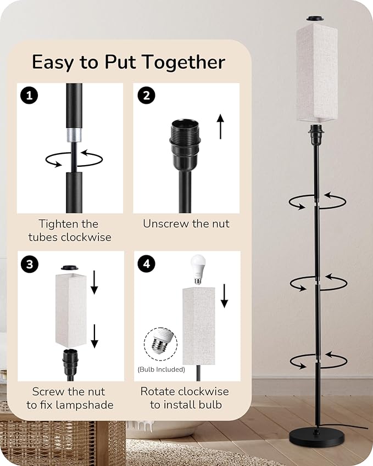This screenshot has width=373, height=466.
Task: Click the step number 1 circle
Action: [x=29, y=96]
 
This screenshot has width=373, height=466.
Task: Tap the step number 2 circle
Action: [x=146, y=96]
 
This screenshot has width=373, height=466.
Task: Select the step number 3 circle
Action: [x=30, y=264]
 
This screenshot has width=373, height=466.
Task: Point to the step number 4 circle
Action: [x=146, y=263]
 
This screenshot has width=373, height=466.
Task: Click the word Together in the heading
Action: [x=183, y=63]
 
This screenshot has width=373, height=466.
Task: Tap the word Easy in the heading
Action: [x=53, y=63]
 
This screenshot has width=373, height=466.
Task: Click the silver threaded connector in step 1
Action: [x=74, y=136]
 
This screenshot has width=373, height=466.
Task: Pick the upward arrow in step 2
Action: [x=220, y=126]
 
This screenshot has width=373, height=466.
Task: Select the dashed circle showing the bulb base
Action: [x=160, y=344]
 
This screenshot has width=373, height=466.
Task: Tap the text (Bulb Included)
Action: [x=161, y=369]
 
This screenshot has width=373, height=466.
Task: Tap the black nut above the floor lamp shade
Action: [x=316, y=19]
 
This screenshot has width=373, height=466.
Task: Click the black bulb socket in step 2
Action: [x=185, y=141]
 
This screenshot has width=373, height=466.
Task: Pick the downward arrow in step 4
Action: [x=224, y=296]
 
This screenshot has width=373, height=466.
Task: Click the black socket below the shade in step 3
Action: [x=70, y=361]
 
